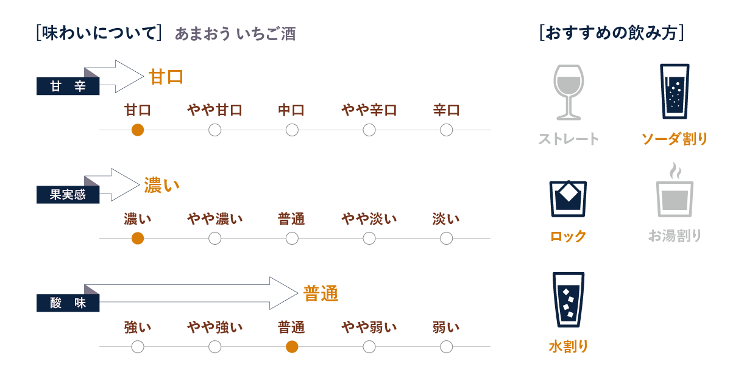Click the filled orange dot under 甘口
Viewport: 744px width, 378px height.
coord(138,130)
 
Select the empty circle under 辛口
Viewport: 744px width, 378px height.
coord(446,130)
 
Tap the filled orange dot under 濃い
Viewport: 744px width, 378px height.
coord(138,239)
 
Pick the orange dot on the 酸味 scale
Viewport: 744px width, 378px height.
coord(292,347)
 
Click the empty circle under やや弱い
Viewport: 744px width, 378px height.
coord(369,347)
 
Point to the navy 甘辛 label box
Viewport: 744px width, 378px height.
coord(68,86)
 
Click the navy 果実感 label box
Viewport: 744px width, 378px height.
coord(68,195)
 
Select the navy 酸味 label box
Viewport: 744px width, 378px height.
coord(68,303)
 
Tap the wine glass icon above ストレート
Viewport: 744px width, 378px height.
coord(568,91)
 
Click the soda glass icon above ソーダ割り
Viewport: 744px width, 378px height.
coord(675,91)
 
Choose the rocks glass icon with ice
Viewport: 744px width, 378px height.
coord(568,198)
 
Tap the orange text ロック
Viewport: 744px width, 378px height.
coord(568,236)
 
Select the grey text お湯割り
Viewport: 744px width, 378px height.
coord(675,236)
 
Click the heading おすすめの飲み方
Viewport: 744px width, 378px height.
coord(611,33)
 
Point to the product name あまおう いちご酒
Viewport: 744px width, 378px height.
coord(235,34)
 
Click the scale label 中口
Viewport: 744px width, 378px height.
coord(291,110)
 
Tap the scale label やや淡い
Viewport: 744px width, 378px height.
coord(369,219)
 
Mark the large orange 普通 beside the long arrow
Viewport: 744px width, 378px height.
coord(321,295)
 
